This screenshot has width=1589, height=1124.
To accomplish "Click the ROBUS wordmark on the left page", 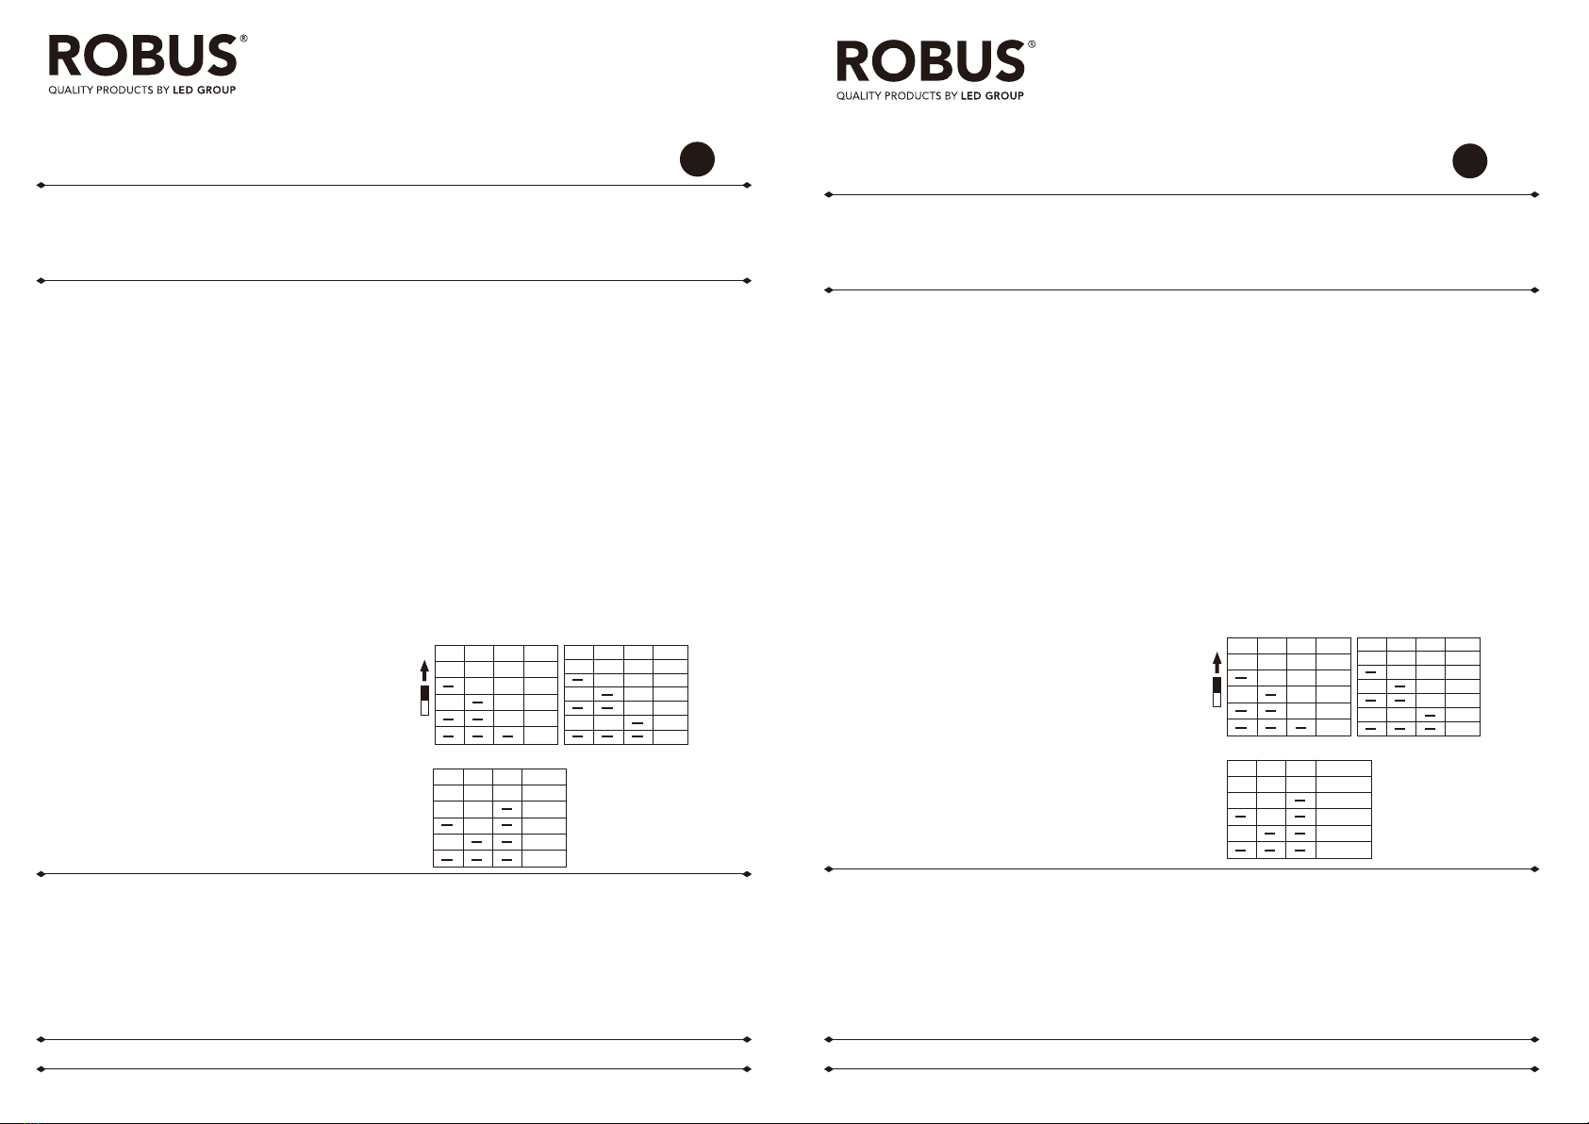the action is tap(142, 56).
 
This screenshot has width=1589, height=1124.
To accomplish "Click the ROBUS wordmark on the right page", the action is tap(930, 61).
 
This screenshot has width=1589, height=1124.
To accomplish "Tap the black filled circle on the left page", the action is tap(697, 159).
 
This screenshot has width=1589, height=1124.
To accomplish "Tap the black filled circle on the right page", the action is tap(1469, 160).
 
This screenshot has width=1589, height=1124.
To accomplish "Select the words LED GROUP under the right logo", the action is tap(992, 96).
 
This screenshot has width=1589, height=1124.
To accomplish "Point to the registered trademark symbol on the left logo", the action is tap(244, 39).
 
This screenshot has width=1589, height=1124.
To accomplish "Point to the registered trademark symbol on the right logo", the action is tap(1032, 44).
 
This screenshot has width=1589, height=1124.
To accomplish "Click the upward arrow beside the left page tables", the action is tap(424, 669).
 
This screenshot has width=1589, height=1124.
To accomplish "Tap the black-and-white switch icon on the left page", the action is tap(424, 701).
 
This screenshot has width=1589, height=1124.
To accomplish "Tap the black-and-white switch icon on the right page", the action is tap(1217, 691).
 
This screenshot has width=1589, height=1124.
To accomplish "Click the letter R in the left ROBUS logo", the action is tap(66, 56).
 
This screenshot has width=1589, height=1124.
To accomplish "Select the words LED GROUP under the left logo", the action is tap(205, 91).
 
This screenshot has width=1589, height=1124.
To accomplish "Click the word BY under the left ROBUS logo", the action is tap(163, 91).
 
